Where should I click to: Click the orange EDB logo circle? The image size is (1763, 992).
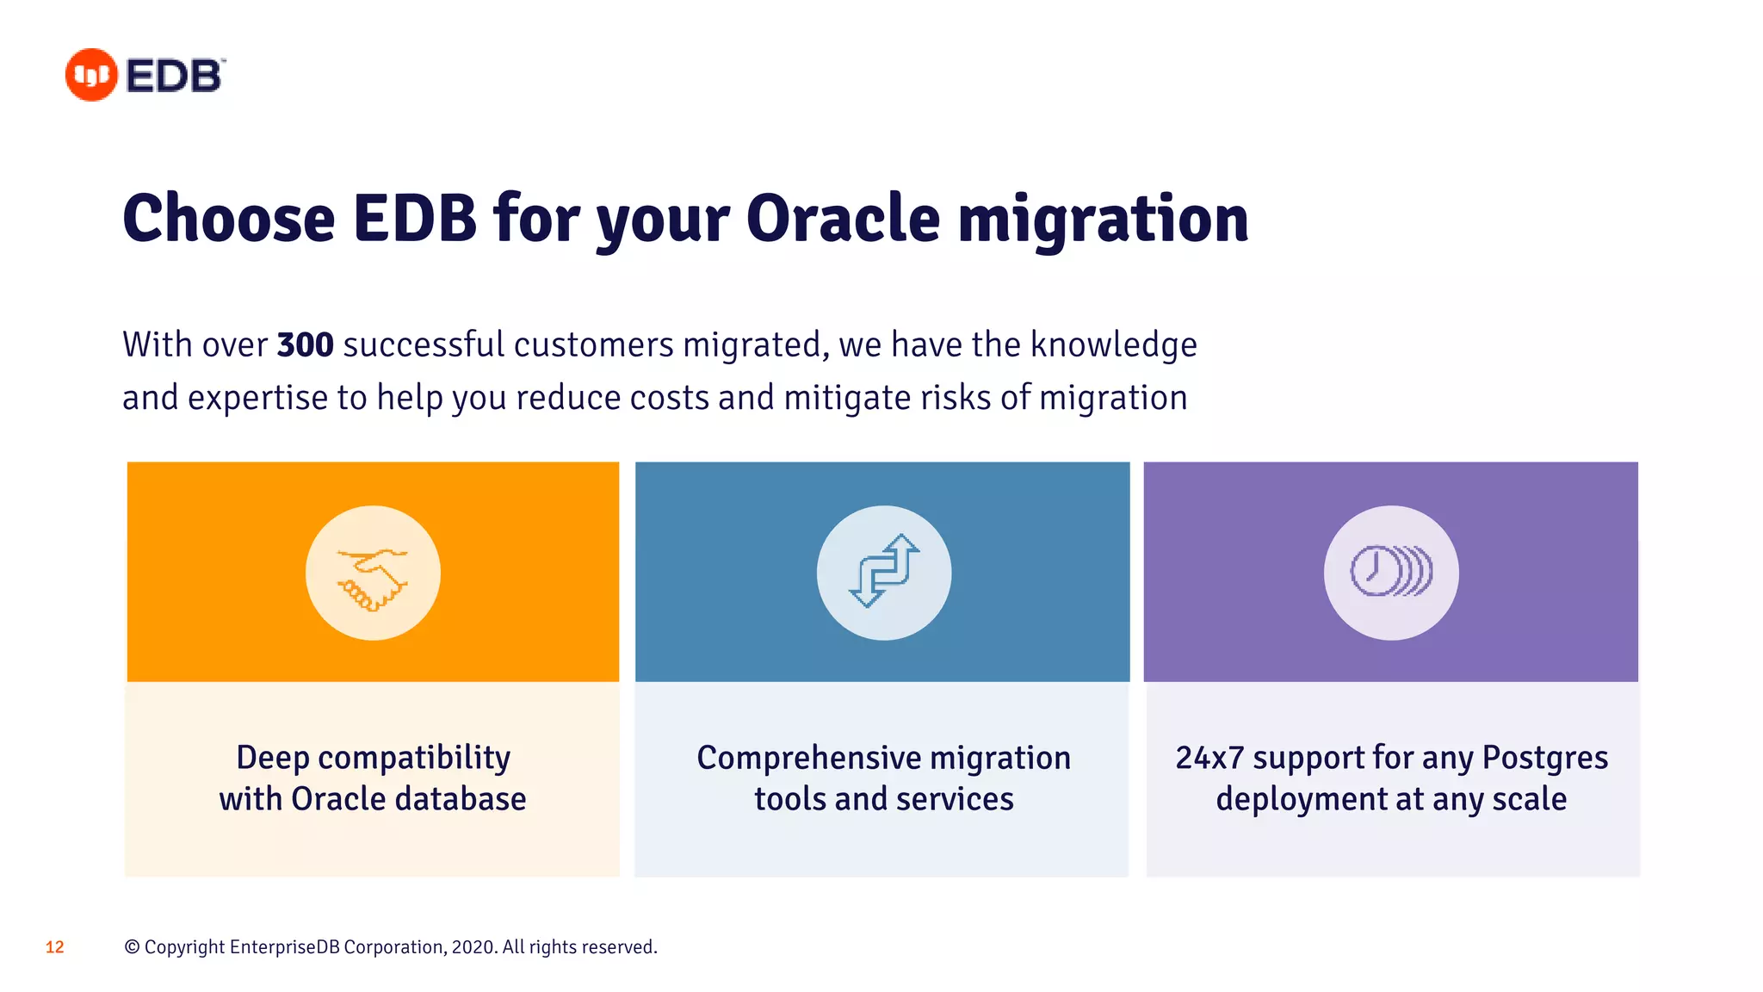(x=91, y=75)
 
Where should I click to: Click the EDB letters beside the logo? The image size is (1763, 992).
(x=174, y=76)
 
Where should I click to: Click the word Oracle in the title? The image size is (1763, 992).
(x=843, y=219)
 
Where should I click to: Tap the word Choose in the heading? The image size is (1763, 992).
(x=229, y=219)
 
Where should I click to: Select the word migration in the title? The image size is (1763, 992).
(x=1103, y=219)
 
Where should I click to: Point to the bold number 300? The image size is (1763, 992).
(x=305, y=345)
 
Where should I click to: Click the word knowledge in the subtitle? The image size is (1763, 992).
(x=1113, y=345)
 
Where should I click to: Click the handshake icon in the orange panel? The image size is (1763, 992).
(x=373, y=573)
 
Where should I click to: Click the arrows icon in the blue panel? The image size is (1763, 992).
(x=884, y=572)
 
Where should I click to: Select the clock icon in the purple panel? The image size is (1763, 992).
(x=1390, y=572)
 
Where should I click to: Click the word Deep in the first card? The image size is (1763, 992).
(x=272, y=758)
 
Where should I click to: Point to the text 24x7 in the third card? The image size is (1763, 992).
(x=1209, y=758)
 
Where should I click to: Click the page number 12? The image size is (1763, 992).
(x=55, y=947)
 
